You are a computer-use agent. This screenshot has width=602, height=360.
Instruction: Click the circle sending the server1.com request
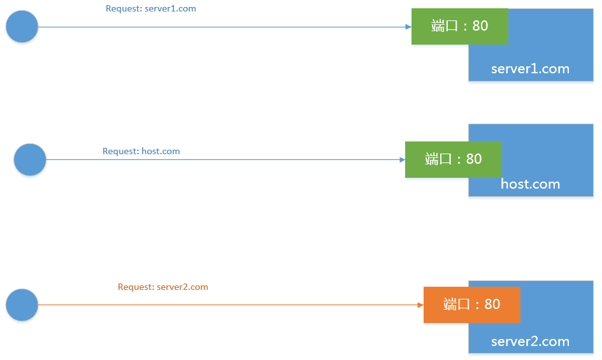click(22, 27)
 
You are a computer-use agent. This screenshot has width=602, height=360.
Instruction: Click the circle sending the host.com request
click(30, 159)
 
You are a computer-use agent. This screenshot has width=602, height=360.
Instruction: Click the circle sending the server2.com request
click(22, 305)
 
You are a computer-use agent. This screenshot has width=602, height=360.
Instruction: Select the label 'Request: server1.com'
click(151, 9)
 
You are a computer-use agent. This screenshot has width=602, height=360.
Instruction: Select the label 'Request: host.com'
click(141, 152)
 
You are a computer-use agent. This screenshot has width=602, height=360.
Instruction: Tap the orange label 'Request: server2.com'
click(163, 287)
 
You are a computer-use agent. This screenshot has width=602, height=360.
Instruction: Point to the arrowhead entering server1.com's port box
click(408, 27)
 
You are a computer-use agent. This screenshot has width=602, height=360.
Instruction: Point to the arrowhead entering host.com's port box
click(402, 159)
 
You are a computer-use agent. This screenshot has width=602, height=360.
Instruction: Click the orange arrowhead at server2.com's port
click(420, 305)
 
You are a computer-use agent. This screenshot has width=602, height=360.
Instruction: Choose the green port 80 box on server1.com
click(459, 26)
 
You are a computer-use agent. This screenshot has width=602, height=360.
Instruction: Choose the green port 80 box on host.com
click(453, 159)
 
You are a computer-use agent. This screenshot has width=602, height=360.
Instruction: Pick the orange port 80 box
click(472, 305)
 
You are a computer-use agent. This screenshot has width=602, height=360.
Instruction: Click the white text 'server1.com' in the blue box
click(530, 69)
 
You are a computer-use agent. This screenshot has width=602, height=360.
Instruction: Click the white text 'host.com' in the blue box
click(530, 185)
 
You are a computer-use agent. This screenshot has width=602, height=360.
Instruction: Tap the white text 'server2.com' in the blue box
click(530, 342)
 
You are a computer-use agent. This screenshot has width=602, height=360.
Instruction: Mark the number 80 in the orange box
click(492, 305)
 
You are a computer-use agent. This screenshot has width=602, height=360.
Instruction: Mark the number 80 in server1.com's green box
click(480, 26)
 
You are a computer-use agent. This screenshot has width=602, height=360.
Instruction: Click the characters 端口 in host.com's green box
click(438, 159)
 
